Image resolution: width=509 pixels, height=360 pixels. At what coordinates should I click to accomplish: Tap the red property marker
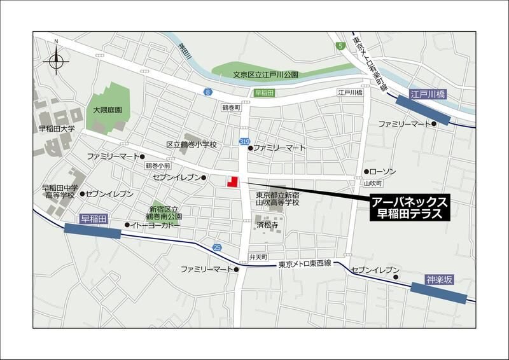pos(233,181)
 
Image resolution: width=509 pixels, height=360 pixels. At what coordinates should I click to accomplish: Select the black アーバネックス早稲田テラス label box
pos(410,208)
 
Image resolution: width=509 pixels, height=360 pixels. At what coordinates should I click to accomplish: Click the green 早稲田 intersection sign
pos(264,93)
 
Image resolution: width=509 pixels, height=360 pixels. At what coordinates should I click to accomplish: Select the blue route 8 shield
pos(207,93)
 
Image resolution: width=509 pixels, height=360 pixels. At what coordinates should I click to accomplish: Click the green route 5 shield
pos(341,46)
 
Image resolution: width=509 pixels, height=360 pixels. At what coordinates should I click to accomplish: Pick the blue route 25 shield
pos(218,247)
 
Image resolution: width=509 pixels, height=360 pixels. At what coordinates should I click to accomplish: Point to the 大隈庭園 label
pos(108,110)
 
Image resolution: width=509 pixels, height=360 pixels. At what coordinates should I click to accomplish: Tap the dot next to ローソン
pos(366,172)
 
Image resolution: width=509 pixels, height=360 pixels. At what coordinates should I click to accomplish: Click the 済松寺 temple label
pos(268,225)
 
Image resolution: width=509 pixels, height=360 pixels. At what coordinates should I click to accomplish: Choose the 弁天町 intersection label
pos(257,257)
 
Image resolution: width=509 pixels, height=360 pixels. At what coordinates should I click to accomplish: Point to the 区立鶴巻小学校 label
pos(192,144)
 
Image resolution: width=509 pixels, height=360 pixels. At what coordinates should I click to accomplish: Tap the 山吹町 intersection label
pos(372,183)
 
